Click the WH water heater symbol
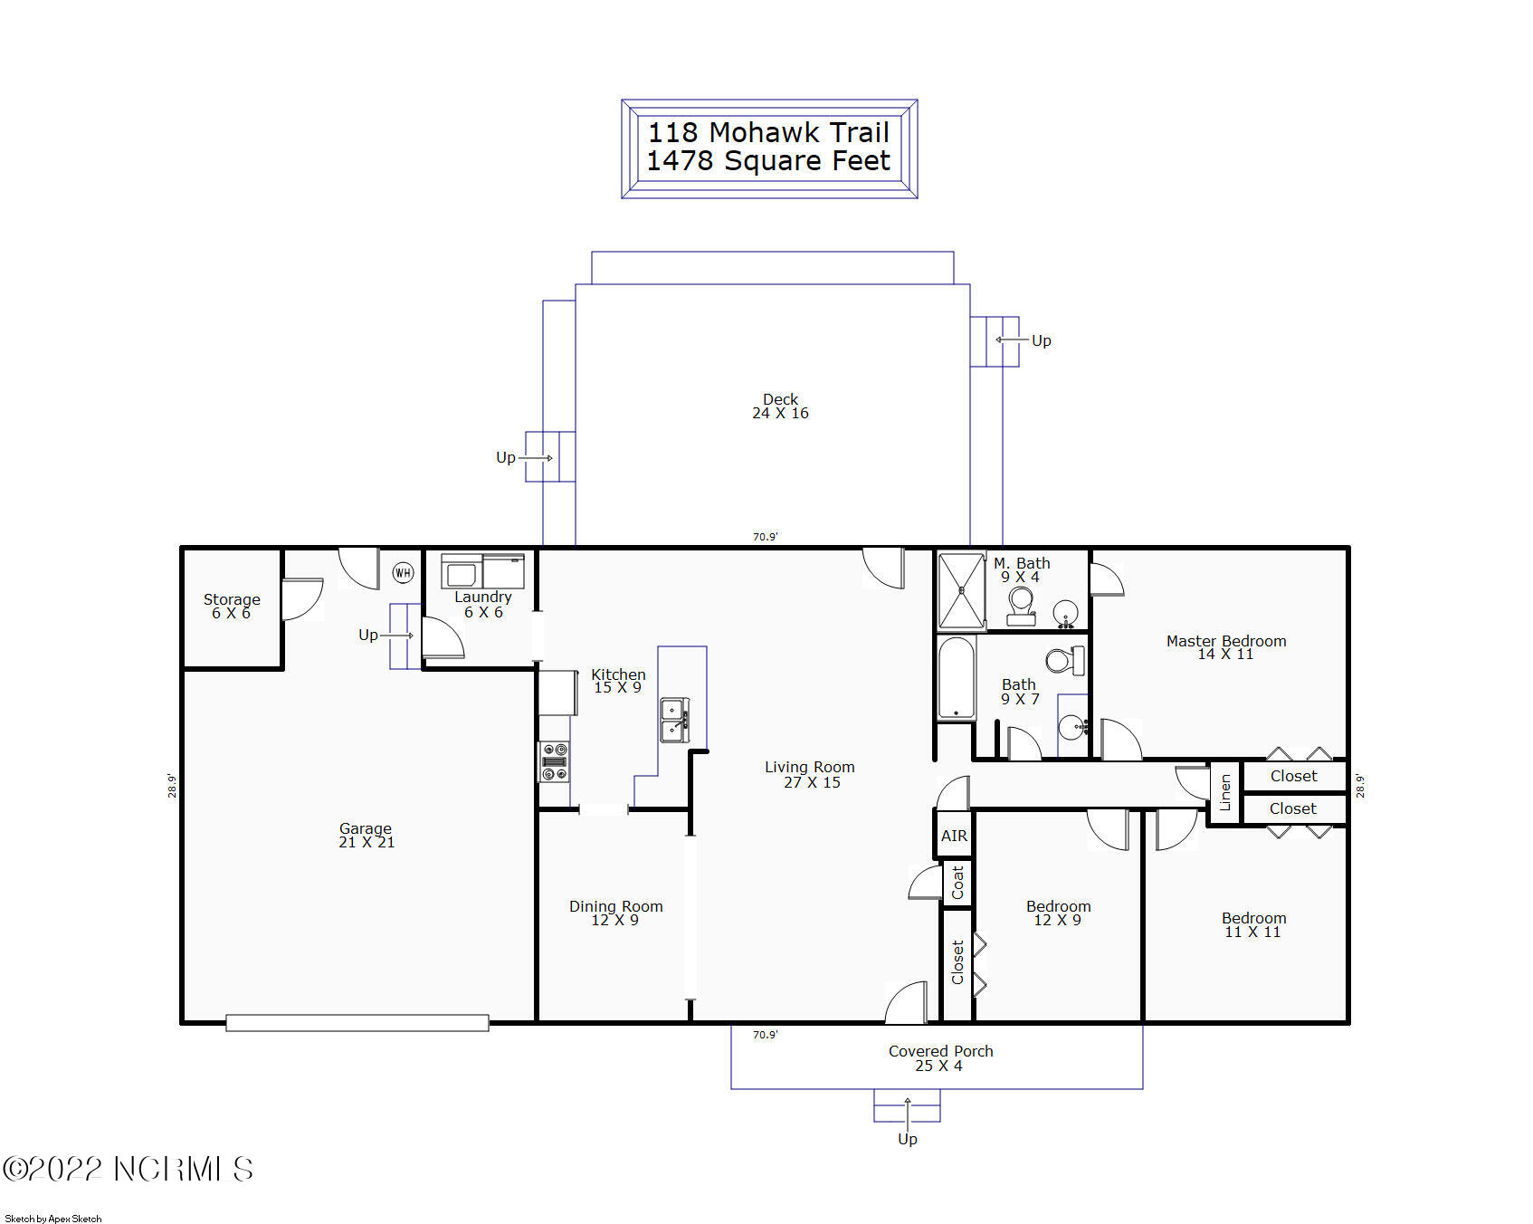click(x=403, y=572)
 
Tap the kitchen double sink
click(x=673, y=720)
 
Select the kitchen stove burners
click(x=554, y=761)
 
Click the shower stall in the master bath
click(x=961, y=590)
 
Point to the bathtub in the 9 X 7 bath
click(x=956, y=678)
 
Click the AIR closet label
click(x=954, y=836)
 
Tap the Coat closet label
click(x=957, y=882)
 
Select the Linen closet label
click(x=1225, y=792)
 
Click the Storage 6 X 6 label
click(x=232, y=606)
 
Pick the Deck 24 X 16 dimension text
click(x=780, y=413)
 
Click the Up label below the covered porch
click(x=907, y=1139)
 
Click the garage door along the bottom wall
click(x=357, y=1023)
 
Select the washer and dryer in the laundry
click(x=482, y=571)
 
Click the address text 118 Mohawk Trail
click(x=768, y=132)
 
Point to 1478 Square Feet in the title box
click(x=768, y=161)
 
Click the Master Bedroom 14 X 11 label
click(x=1225, y=647)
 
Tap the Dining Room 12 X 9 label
click(x=615, y=913)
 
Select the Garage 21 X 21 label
click(x=366, y=835)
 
